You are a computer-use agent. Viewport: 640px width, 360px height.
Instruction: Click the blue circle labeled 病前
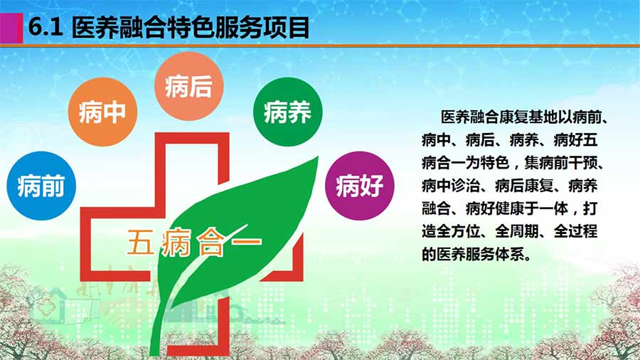[x=41, y=186]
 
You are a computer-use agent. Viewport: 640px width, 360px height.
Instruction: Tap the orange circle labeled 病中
[x=102, y=112]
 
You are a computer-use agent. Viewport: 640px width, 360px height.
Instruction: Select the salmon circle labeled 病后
[x=189, y=85]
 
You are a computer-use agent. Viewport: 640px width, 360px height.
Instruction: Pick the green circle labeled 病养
[x=288, y=112]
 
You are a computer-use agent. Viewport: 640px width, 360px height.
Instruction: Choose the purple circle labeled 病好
[x=360, y=186]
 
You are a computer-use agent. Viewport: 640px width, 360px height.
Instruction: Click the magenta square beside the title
[x=11, y=28]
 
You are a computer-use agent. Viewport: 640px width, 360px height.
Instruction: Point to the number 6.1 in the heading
[x=46, y=28]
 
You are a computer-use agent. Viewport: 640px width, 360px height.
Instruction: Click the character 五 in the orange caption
[x=140, y=242]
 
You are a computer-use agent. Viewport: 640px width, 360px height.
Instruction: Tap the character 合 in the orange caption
[x=210, y=243]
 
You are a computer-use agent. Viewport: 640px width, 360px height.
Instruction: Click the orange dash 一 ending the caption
[x=246, y=241]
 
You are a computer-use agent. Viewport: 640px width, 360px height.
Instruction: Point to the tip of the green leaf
[x=317, y=157]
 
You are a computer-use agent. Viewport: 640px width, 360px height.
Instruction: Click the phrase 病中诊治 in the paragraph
[x=451, y=186]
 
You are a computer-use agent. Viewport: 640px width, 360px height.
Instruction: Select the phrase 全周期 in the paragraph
[x=517, y=231]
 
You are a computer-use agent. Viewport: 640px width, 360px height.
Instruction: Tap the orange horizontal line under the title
[x=320, y=46]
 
